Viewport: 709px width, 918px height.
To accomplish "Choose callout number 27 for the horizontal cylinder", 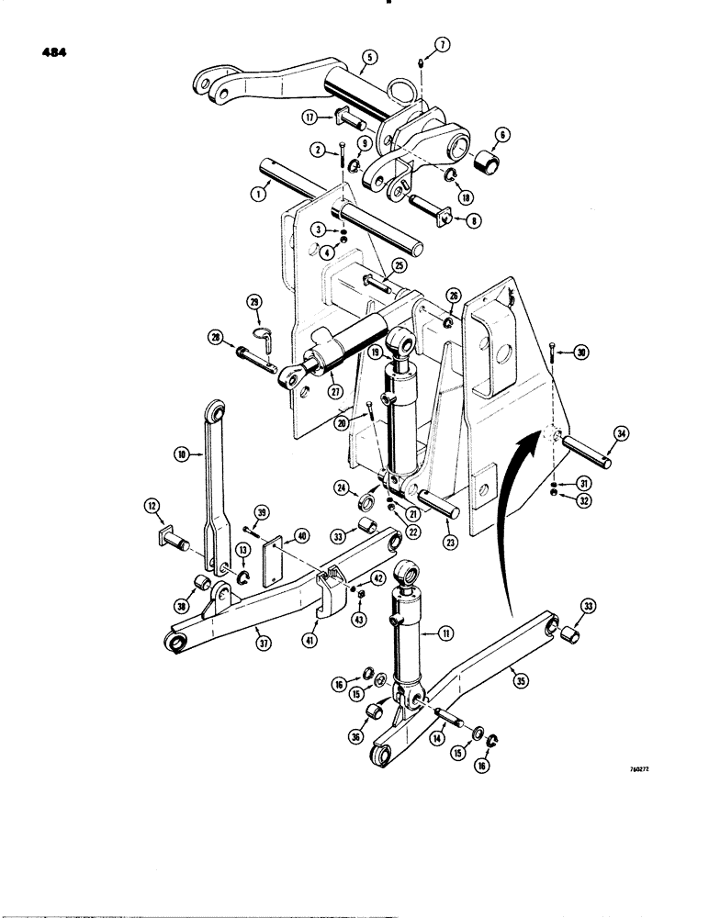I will (335, 390).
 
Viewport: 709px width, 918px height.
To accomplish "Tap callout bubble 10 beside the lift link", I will (181, 453).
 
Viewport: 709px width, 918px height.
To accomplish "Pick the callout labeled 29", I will (254, 301).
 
